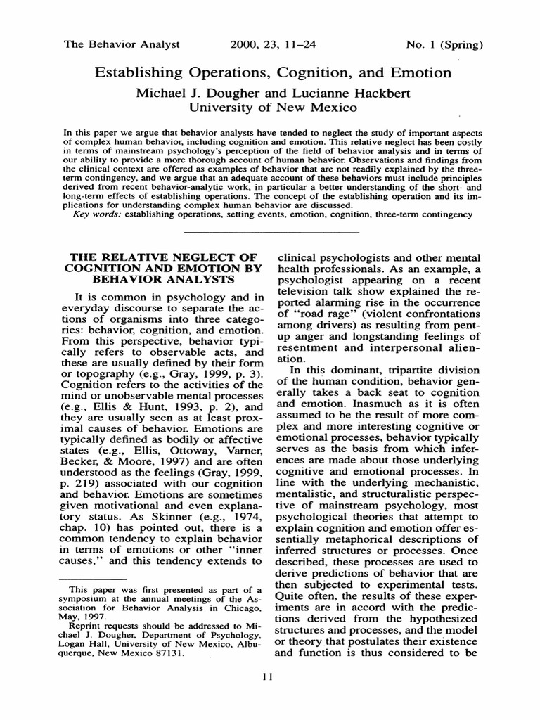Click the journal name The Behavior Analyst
coord(122,44)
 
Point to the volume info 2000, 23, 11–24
coord(273,44)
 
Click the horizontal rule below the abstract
coord(271,232)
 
